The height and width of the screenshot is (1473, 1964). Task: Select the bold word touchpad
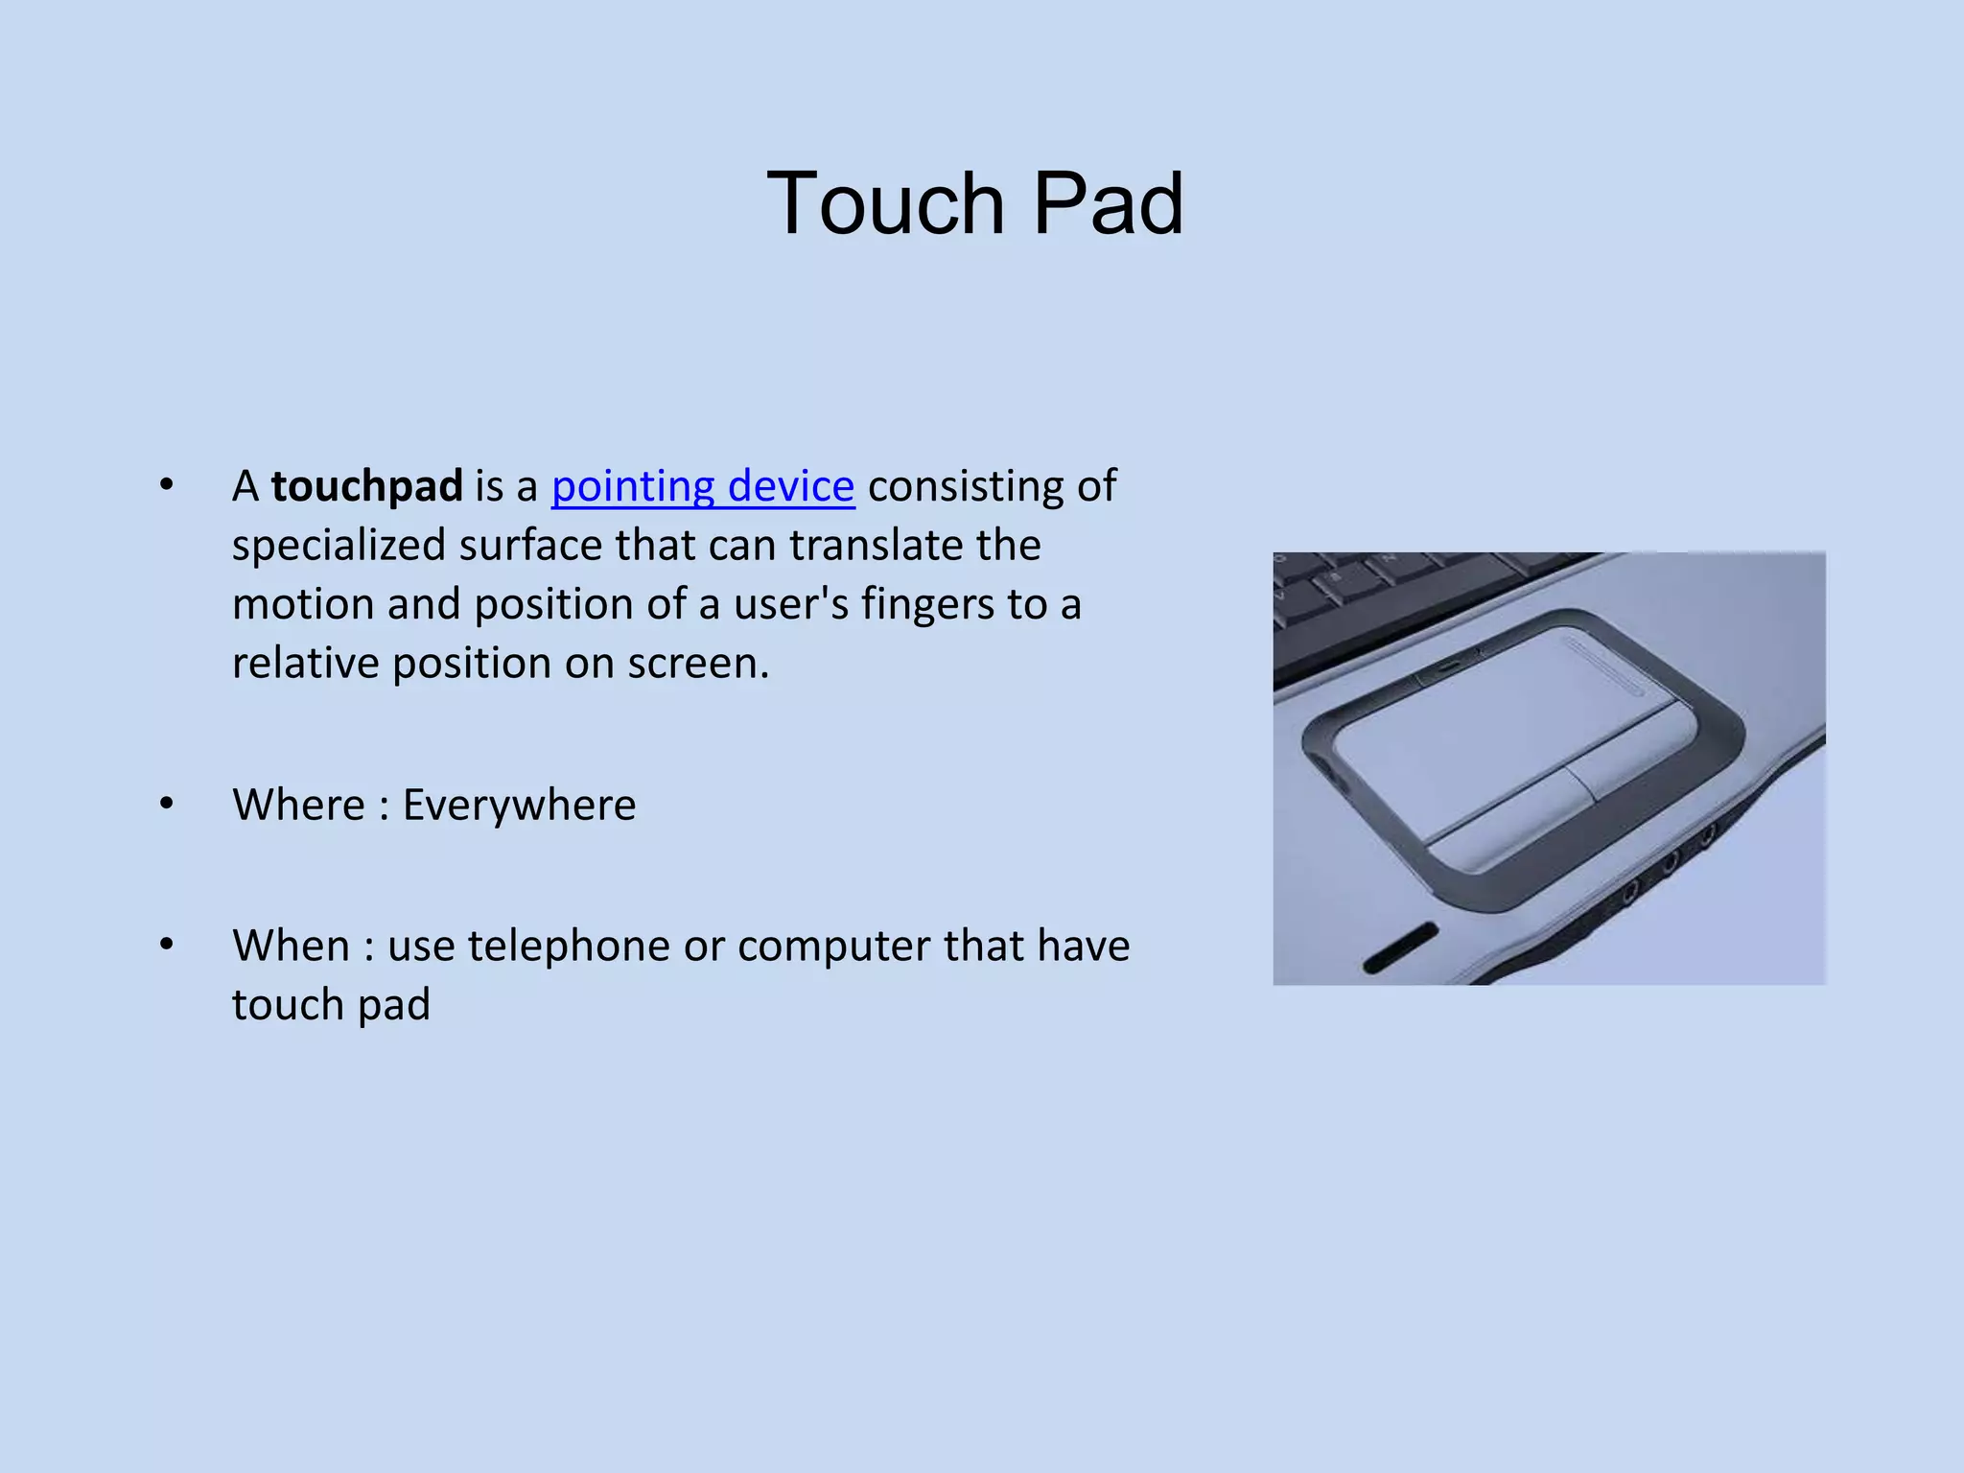click(366, 486)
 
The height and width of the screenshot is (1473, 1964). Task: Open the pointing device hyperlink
click(702, 486)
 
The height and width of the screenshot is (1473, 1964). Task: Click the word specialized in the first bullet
click(339, 546)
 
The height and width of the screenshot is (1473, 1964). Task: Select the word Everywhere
click(519, 805)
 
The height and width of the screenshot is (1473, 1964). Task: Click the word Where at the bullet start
click(298, 805)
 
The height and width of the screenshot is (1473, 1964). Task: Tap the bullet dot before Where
click(167, 803)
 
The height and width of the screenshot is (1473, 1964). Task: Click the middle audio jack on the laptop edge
click(1669, 862)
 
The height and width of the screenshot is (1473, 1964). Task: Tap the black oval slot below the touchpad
click(1400, 947)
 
